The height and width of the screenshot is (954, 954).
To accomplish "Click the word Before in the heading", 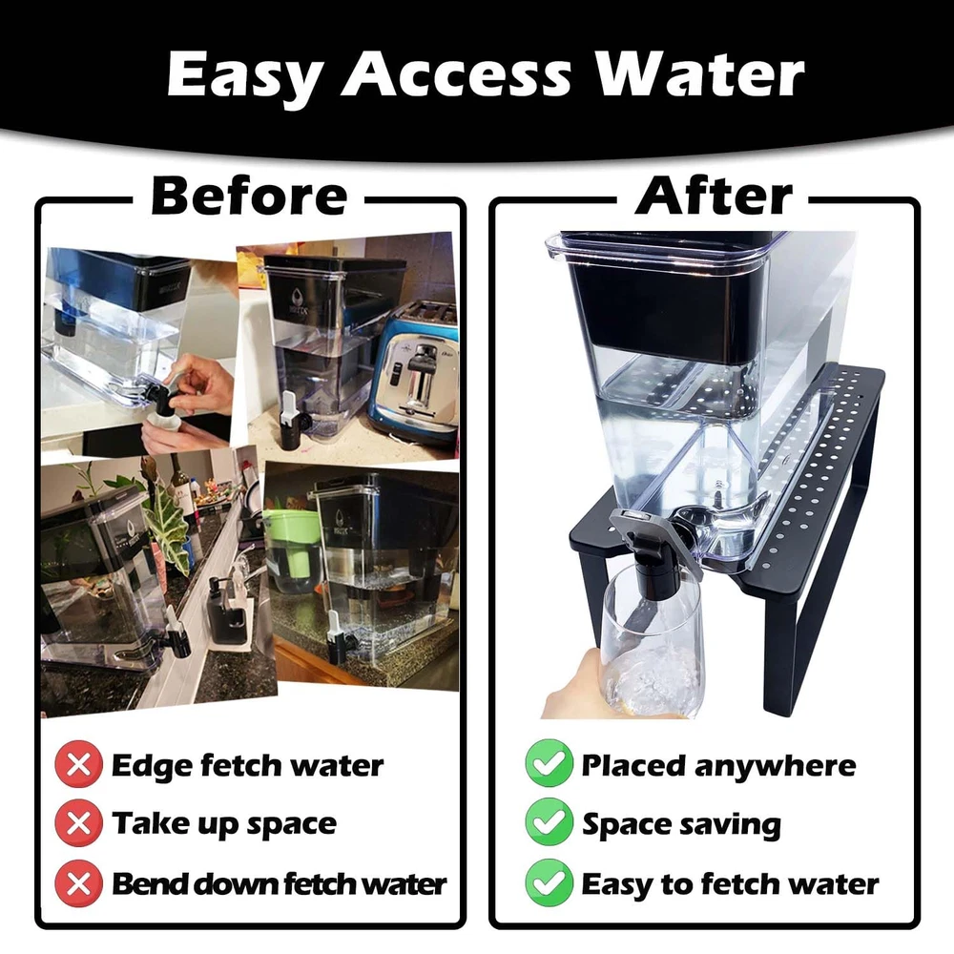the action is [x=249, y=196].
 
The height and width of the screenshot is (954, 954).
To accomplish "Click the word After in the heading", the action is [x=713, y=196].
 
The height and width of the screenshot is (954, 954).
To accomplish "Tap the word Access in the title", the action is [x=456, y=74].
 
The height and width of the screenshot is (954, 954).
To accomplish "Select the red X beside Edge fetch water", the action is [x=78, y=765].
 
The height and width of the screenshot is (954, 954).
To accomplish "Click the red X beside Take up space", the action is [x=78, y=824].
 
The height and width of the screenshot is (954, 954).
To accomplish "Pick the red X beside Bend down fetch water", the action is [x=78, y=883].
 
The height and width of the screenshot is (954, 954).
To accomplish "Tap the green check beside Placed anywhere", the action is [x=549, y=763].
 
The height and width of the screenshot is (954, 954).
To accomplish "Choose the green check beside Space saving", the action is [x=549, y=823].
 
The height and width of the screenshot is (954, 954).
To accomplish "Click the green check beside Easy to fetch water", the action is [x=549, y=882].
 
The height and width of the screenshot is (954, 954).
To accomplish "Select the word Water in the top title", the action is [x=699, y=74].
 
